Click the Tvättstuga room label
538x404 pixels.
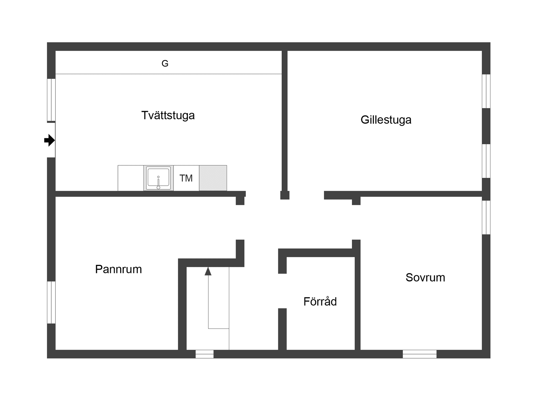coord(168,115)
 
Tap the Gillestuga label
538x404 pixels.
coord(386,120)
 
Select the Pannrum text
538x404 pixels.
coord(118,269)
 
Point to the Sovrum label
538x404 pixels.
coord(425,277)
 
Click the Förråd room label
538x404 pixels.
coord(320,301)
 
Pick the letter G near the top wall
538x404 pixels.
coord(165,64)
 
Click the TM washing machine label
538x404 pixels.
coord(186,178)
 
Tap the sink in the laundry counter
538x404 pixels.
coord(159,178)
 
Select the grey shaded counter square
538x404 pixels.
coord(213,178)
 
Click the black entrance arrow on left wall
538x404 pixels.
coord(50,140)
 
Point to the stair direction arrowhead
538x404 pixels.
coord(208,271)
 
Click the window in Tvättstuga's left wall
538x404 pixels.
coord(51,100)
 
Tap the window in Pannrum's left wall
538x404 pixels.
coord(51,302)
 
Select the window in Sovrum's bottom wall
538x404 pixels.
coord(419,354)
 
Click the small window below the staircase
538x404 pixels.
coord(205,354)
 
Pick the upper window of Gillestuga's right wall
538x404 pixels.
coord(486,91)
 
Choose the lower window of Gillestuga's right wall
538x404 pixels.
coord(486,161)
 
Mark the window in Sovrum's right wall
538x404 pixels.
coord(486,217)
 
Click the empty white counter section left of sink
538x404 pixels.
coord(131,178)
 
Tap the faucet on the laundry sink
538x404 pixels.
coord(158,183)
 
